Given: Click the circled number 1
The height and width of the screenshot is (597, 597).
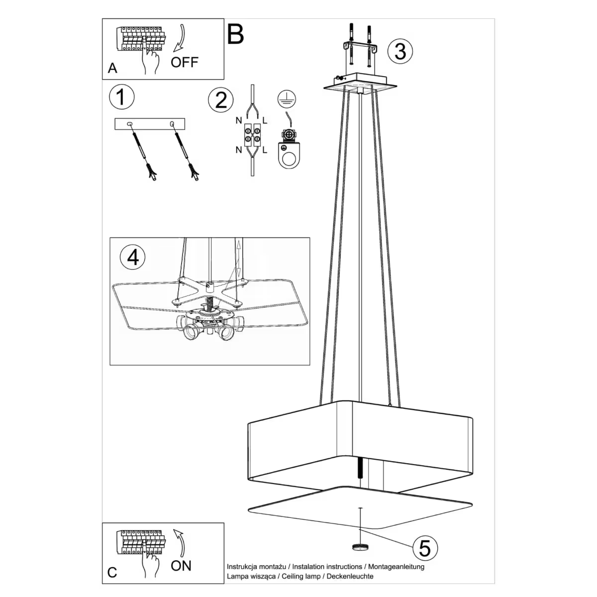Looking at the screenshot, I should point(121,97).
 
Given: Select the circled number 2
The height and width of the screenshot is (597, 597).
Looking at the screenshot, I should point(221,99).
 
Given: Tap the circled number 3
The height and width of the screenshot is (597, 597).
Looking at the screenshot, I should point(400,51).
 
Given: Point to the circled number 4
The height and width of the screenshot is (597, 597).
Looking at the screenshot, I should point(132,257).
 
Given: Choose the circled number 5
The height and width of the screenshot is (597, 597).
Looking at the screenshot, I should point(424,548).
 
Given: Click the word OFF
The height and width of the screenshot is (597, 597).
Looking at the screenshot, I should point(184,62).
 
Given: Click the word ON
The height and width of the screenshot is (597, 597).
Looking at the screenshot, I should point(181,566).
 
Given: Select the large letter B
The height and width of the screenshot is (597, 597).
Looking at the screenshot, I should point(235,34).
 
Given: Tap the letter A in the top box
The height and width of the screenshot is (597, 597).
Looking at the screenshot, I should point(112,68).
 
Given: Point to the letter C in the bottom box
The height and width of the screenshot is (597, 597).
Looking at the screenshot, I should point(112,572).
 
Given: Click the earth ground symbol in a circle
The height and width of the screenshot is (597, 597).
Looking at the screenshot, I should point(284,99).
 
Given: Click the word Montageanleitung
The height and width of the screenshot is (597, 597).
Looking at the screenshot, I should point(397,566).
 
